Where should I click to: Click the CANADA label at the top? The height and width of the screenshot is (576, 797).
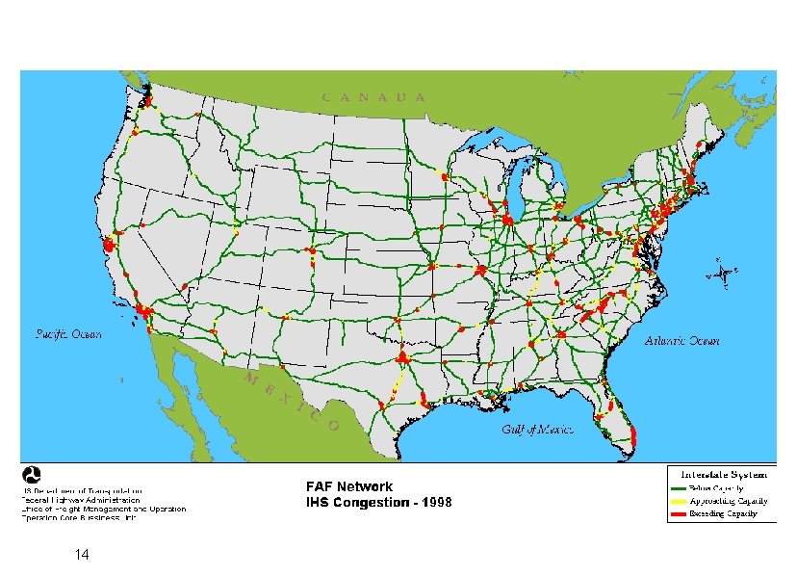373,96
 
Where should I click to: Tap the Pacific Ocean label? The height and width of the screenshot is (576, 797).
67,334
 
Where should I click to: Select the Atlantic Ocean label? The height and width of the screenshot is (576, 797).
682,341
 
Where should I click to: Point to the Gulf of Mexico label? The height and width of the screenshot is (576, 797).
537,429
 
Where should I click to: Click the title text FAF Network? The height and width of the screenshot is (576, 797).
349,487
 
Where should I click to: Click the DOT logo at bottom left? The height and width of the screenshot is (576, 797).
32,476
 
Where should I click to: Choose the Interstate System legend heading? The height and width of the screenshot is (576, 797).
723,474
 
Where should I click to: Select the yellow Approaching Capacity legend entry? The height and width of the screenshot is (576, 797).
722,502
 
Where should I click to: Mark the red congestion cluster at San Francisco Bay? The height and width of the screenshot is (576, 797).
109,246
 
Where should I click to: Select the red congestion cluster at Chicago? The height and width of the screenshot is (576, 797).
507,221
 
